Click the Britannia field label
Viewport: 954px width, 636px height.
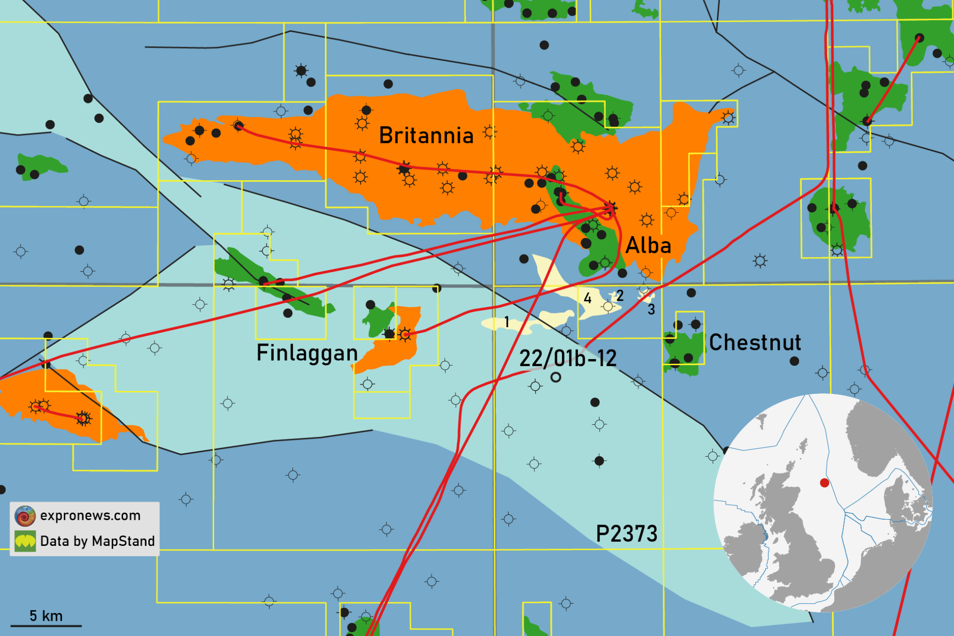point(426,136)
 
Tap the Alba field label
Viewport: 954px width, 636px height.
point(648,246)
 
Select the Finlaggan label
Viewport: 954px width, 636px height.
point(307,353)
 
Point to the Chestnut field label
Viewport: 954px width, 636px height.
point(755,343)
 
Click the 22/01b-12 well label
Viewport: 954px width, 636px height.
point(568,359)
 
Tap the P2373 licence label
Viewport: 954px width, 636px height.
point(627,534)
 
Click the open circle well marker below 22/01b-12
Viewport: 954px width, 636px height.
point(556,378)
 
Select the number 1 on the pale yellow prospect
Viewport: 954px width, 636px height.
point(507,322)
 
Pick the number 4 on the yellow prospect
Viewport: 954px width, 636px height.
point(588,299)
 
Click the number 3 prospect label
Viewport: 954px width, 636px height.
point(651,310)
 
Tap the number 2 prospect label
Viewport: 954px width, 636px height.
point(620,296)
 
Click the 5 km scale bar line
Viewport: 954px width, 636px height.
point(46,626)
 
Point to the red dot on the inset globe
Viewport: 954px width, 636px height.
point(824,483)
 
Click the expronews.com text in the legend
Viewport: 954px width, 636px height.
point(90,516)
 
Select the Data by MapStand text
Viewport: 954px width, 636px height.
point(97,542)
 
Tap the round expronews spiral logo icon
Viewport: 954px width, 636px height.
point(25,516)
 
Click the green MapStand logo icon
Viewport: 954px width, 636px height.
point(25,542)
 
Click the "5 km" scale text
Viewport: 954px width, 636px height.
point(46,616)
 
